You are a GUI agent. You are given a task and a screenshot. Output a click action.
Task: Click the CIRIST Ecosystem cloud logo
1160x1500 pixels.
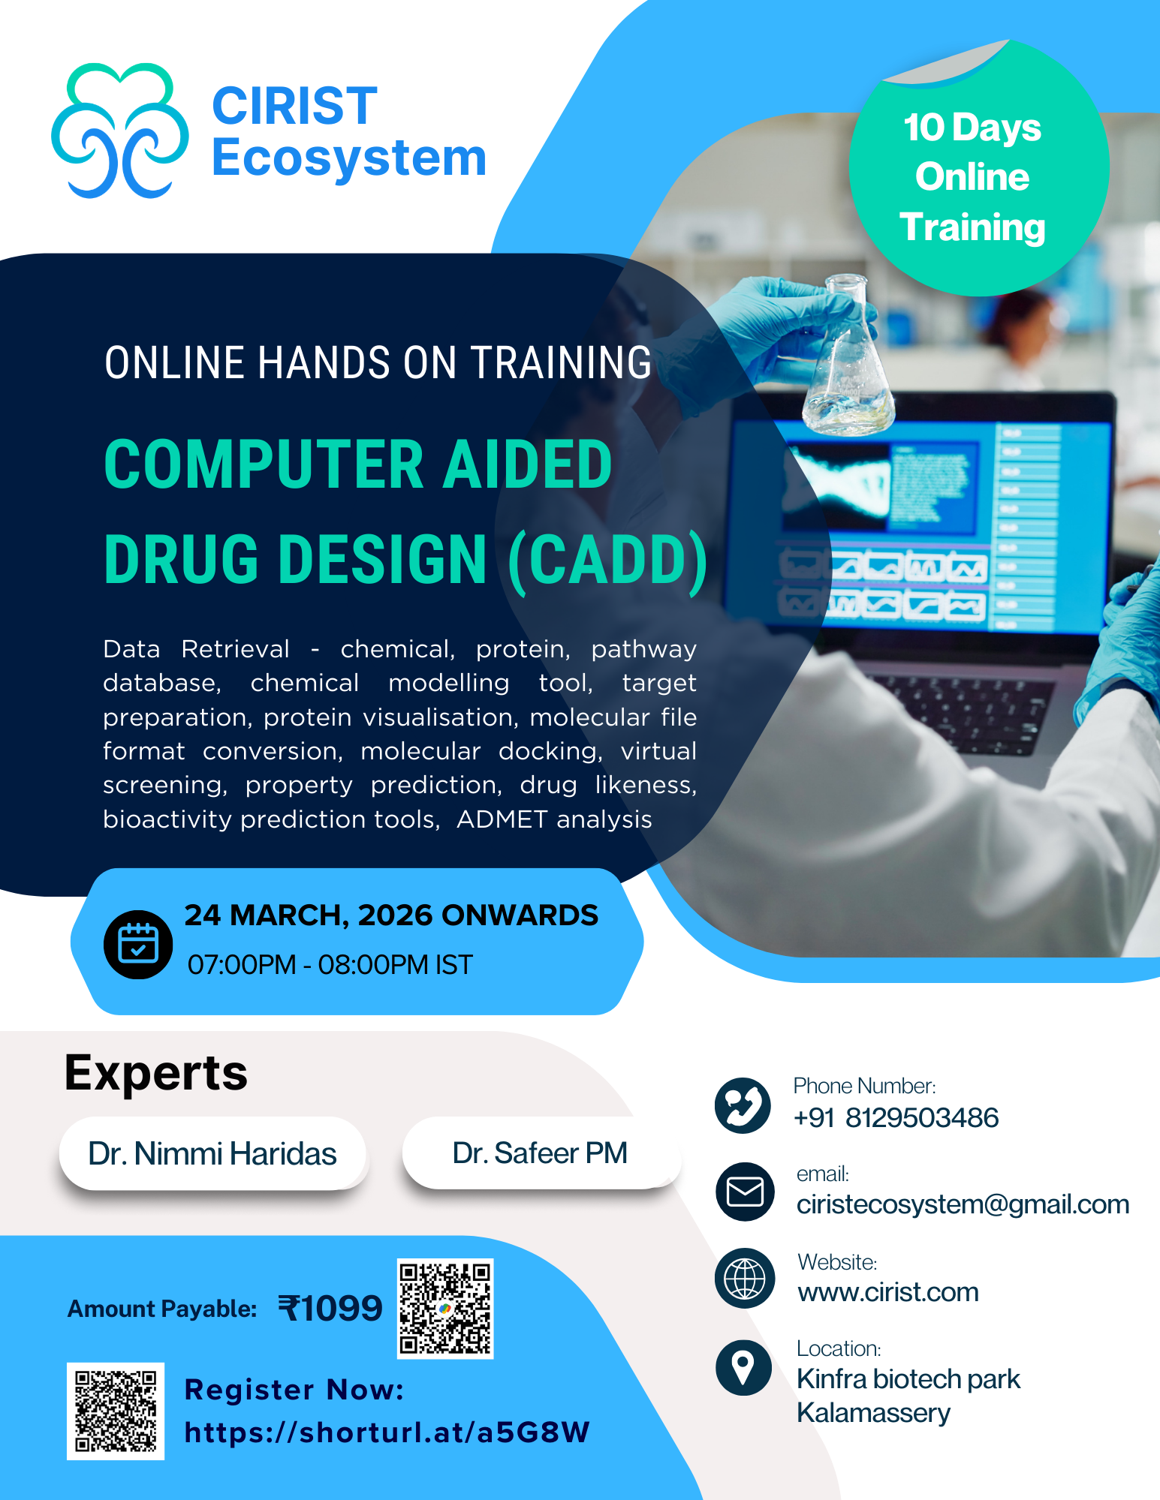[x=120, y=131]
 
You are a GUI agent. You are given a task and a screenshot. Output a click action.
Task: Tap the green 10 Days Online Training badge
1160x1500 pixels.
[x=979, y=168]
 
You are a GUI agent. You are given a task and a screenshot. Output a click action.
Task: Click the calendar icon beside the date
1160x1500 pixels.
[x=138, y=944]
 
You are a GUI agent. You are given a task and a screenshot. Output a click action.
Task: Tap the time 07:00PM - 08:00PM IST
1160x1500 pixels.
[x=330, y=964]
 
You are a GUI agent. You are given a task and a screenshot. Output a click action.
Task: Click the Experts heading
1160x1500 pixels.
[x=156, y=1074]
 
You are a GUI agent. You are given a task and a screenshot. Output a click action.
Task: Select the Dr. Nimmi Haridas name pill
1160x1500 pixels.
[x=212, y=1153]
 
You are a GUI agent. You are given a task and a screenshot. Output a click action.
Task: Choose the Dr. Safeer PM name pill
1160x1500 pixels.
[x=541, y=1153]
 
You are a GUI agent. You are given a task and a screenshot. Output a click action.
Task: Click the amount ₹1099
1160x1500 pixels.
[x=330, y=1309]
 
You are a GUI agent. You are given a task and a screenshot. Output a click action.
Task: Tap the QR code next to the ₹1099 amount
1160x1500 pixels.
[x=445, y=1309]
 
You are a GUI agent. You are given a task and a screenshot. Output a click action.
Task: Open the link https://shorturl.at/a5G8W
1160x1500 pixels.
[x=387, y=1432]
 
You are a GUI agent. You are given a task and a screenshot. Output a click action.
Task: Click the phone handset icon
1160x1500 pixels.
[x=743, y=1105]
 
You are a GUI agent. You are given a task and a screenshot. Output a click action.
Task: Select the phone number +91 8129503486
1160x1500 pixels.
[x=896, y=1117]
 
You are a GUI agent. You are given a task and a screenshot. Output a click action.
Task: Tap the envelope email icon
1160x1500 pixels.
[x=745, y=1192]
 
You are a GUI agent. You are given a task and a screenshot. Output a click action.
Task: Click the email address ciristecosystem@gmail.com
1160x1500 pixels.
[x=963, y=1204]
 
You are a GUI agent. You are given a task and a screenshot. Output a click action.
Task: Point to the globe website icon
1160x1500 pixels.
[x=745, y=1279]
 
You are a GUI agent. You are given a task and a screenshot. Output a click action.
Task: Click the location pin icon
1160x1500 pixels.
[x=743, y=1367]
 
